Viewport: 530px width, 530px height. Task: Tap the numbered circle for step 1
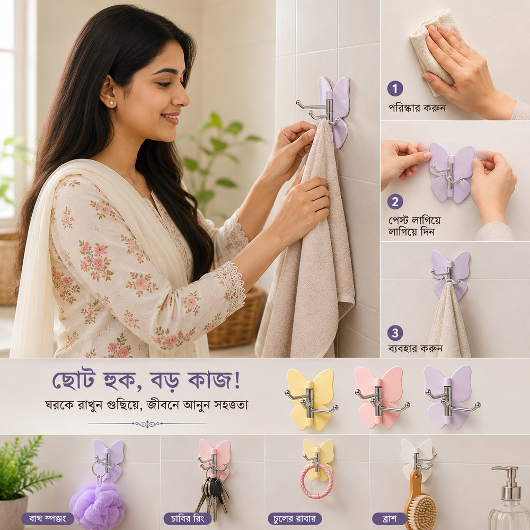(395, 89)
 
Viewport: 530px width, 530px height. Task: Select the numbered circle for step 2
(395, 202)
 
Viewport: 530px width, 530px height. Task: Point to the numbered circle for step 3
(395, 333)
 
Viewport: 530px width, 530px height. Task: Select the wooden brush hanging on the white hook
(419, 501)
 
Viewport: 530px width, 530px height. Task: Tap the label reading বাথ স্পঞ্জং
(47, 518)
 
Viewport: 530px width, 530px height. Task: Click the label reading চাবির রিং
(187, 518)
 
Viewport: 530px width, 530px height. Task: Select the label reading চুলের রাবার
(294, 518)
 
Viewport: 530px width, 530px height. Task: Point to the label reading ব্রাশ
(390, 518)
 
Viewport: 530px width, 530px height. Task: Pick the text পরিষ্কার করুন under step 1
(417, 108)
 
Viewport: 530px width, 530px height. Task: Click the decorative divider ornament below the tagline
(147, 423)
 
